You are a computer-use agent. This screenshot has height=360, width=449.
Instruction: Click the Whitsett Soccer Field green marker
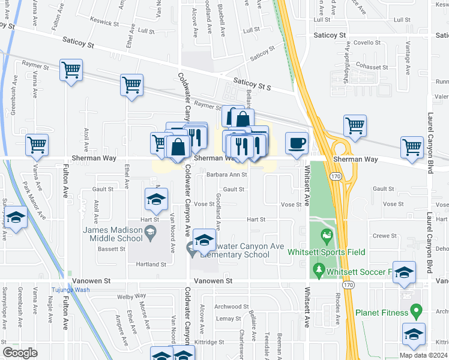tap(318, 272)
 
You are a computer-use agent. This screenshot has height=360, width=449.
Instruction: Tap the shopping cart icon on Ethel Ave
tap(131, 85)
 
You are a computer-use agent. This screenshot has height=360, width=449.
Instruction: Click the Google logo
tap(20, 353)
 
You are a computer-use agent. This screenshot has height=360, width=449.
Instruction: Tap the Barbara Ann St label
tap(226, 175)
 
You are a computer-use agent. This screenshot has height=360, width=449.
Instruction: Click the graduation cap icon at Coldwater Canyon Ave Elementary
tap(204, 241)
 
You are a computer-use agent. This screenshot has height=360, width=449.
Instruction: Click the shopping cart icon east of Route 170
tap(355, 126)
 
